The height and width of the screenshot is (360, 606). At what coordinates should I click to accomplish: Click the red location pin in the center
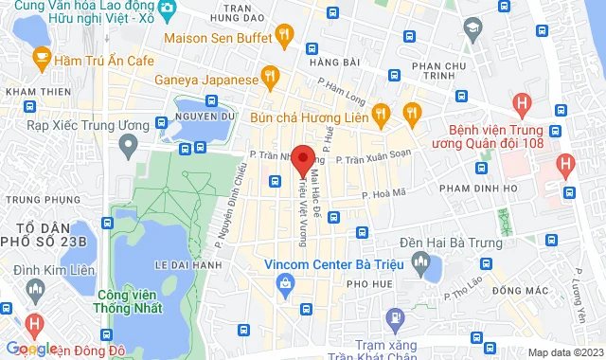(x=303, y=159)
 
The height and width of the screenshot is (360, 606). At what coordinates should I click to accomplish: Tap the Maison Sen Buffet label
(x=218, y=39)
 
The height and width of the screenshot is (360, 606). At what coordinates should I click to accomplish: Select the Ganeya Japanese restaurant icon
(x=270, y=75)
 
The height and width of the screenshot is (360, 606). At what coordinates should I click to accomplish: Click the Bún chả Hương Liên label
(x=309, y=118)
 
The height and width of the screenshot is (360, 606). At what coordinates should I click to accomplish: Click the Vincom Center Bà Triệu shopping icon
(x=284, y=283)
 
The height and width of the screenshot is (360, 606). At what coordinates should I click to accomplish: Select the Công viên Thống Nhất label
(x=127, y=299)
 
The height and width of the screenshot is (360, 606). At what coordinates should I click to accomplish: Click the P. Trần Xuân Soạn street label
(x=374, y=159)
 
